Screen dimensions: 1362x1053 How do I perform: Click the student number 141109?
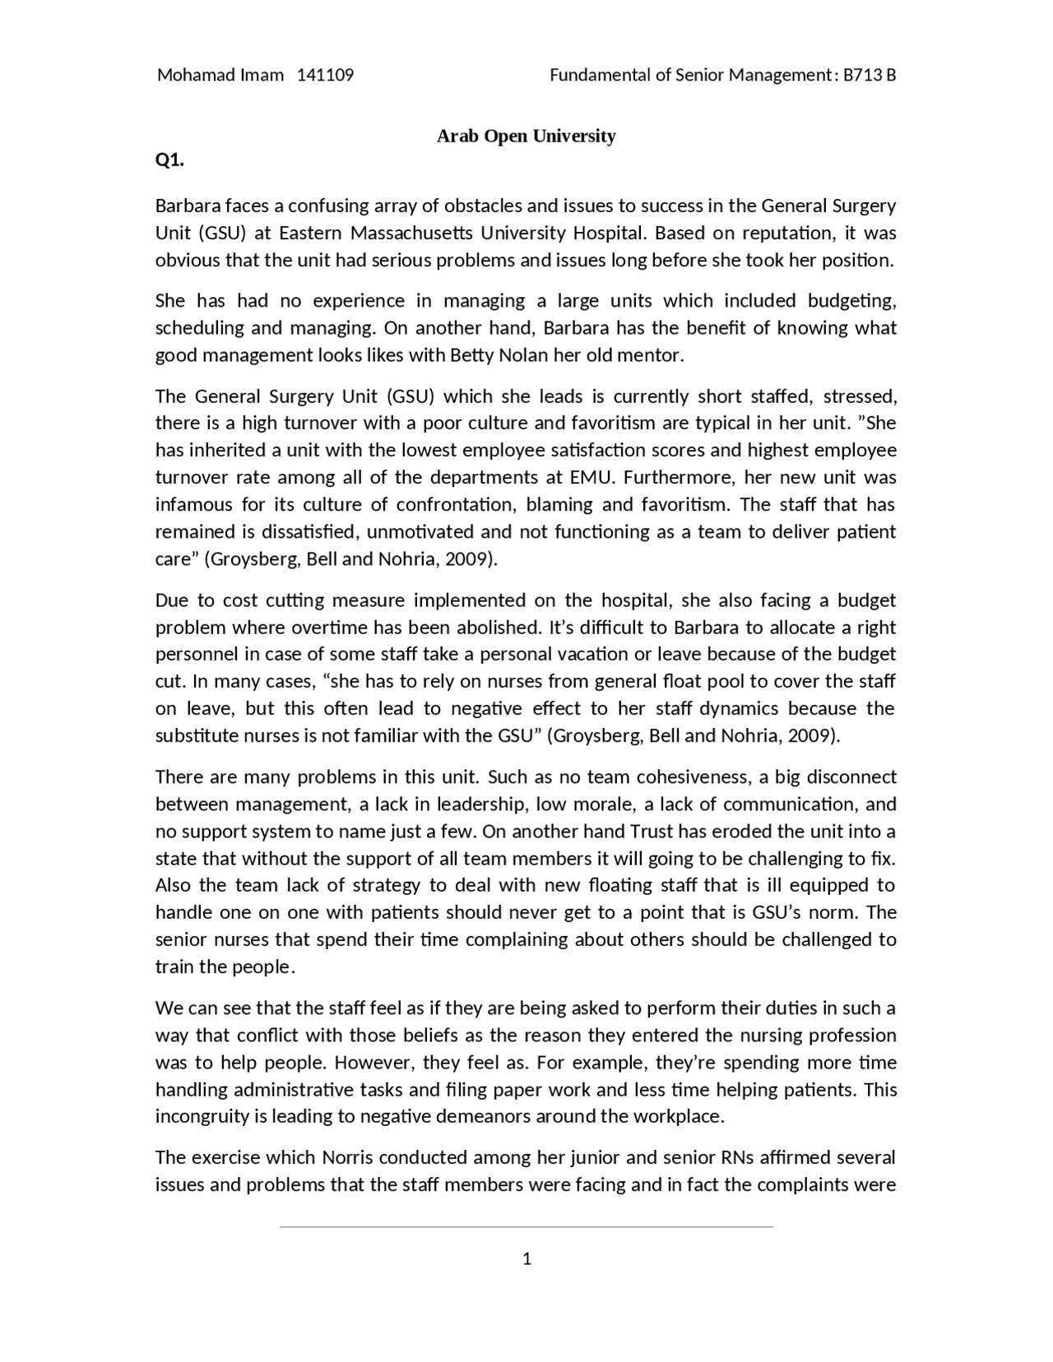pyautogui.click(x=325, y=76)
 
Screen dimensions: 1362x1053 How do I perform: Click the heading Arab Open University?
pyautogui.click(x=526, y=136)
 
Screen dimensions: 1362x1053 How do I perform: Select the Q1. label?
pyautogui.click(x=169, y=160)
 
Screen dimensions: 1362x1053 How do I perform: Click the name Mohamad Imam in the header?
pyautogui.click(x=220, y=76)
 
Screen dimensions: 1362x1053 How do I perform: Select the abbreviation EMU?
pyautogui.click(x=590, y=477)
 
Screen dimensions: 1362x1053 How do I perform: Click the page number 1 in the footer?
pyautogui.click(x=526, y=1259)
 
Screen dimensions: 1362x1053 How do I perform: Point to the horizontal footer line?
pyautogui.click(x=526, y=1226)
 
